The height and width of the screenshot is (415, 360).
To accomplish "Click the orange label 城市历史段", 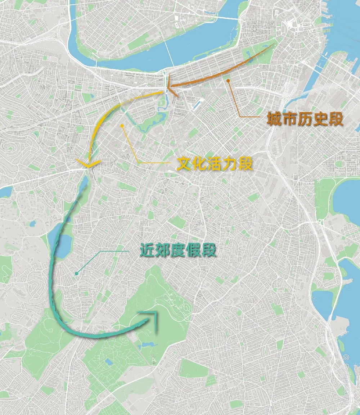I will [304, 119].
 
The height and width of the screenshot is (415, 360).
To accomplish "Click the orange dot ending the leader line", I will [228, 81].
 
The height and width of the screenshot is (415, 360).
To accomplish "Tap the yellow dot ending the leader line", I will [122, 126].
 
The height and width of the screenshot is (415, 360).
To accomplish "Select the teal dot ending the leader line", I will [76, 274].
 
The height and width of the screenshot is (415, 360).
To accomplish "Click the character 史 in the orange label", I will [320, 119].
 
